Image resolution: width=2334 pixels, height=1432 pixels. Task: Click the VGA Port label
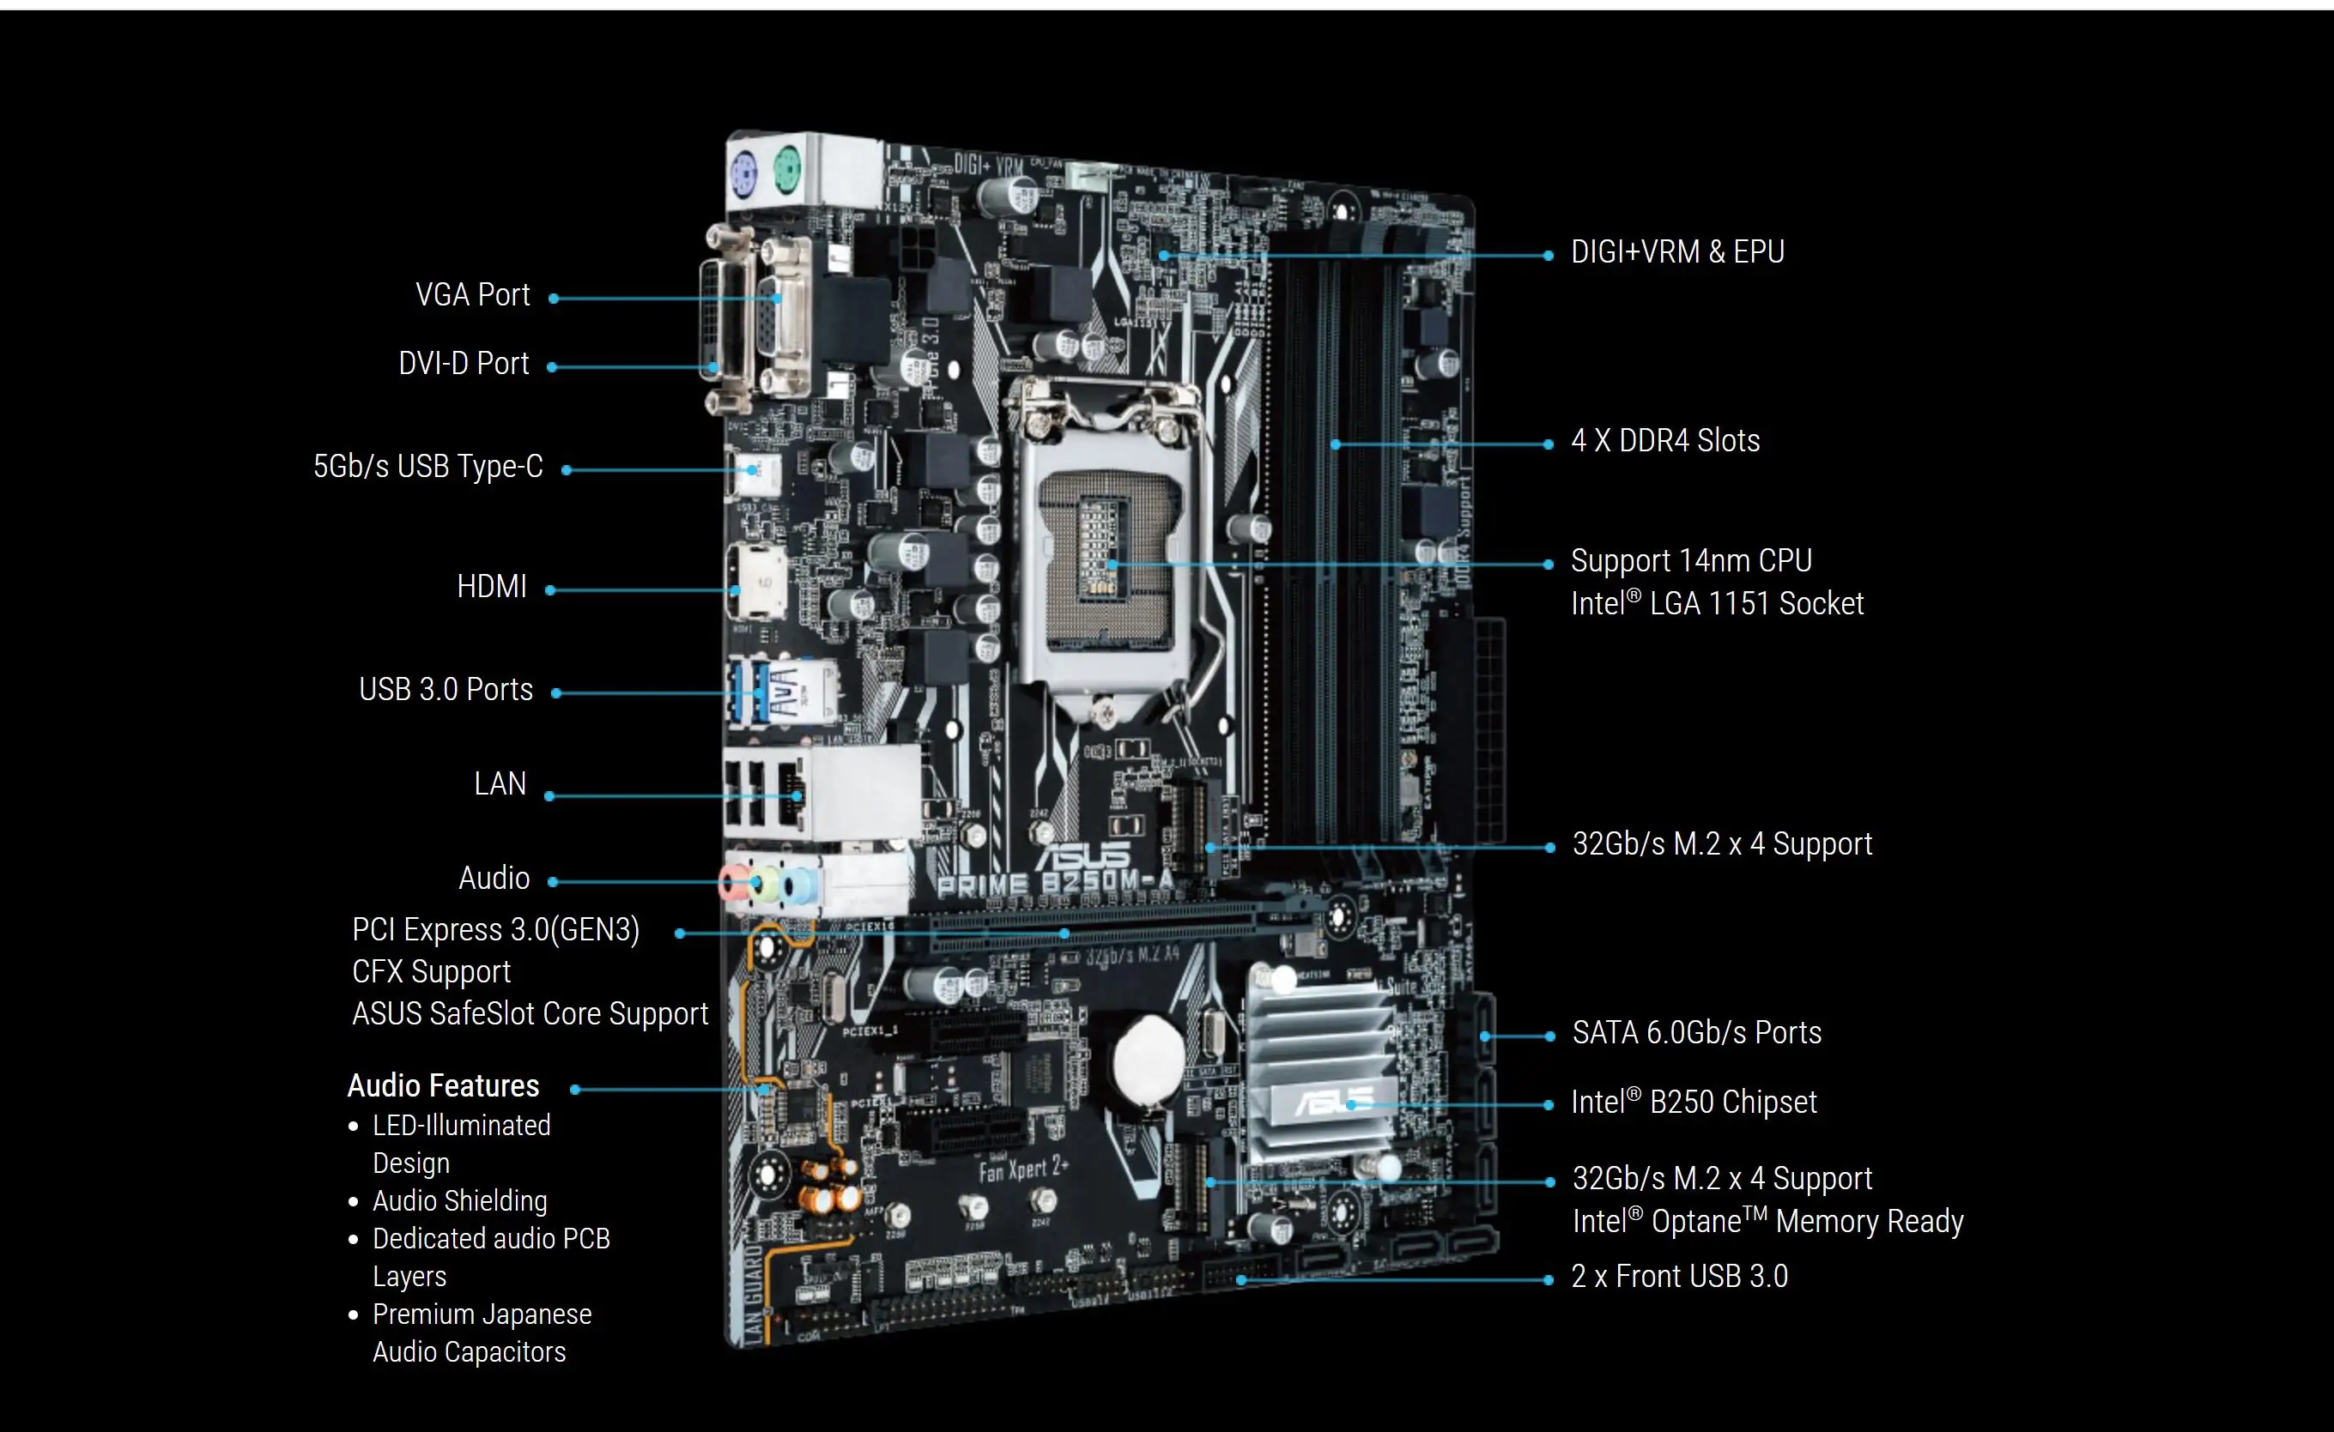(472, 295)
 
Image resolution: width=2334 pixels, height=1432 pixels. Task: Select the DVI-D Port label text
(464, 364)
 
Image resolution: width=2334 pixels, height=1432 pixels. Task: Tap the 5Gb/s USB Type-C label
(428, 467)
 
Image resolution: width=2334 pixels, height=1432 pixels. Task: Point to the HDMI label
(492, 587)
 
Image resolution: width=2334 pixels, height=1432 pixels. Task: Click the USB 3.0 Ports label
(446, 690)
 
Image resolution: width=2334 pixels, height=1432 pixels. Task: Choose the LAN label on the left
(500, 784)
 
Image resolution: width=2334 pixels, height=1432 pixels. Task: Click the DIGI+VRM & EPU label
(1677, 252)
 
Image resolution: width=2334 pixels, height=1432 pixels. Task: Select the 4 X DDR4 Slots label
(1665, 441)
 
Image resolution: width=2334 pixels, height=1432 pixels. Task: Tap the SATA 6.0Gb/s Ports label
(1696, 1032)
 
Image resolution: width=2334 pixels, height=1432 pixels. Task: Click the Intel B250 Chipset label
(1694, 1103)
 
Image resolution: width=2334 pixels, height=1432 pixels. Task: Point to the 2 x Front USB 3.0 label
(1679, 1277)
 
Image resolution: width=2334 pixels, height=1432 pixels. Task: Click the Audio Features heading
(443, 1085)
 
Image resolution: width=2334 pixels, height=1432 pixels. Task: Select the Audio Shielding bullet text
(459, 1201)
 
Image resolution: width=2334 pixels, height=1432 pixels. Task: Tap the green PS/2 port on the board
(786, 172)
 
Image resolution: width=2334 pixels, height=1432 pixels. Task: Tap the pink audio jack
(731, 884)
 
